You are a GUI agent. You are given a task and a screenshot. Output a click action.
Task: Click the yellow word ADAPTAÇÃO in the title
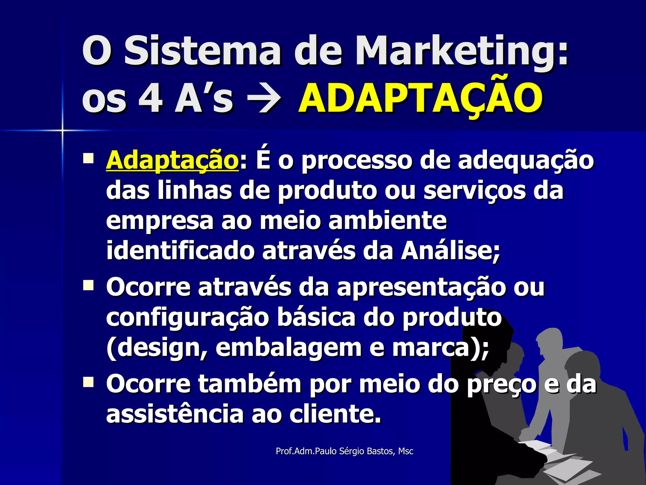pos(420,99)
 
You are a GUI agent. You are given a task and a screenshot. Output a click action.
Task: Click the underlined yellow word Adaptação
pos(172,160)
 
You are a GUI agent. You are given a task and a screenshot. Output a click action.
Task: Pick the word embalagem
pos(288,348)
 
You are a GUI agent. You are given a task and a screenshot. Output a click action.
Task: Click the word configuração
pos(187,318)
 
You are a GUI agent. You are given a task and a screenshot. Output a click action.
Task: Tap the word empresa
pos(160,221)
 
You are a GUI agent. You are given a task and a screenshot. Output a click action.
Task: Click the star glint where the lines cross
pos(62,130)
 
